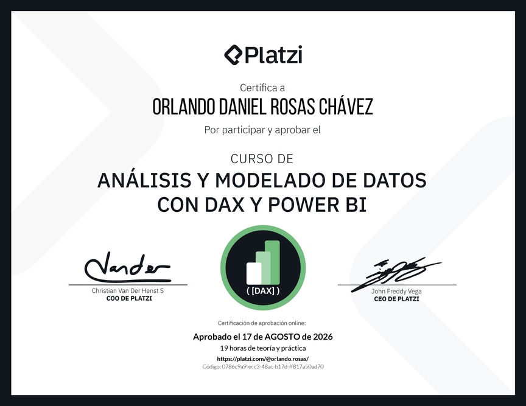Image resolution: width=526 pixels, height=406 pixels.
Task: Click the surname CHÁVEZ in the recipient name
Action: (346, 107)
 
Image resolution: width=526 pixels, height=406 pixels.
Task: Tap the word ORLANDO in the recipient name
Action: (183, 107)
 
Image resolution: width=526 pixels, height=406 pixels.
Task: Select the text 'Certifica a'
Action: (262, 88)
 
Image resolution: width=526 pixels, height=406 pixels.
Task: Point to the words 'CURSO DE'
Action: (262, 159)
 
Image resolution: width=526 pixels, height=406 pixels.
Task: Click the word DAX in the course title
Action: (225, 205)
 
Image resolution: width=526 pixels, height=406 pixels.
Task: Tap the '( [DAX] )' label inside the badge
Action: (263, 290)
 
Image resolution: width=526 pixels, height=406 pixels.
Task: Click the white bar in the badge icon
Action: (254, 273)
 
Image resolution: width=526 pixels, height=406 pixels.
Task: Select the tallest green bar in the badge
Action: (272, 262)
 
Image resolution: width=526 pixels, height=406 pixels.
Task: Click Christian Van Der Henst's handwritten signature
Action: (127, 267)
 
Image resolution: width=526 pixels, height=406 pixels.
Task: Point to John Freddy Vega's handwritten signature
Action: (396, 273)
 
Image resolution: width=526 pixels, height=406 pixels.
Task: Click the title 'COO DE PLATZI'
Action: (129, 298)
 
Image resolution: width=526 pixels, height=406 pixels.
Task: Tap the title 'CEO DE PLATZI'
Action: (396, 299)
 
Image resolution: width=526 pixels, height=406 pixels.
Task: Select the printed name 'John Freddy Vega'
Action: (396, 291)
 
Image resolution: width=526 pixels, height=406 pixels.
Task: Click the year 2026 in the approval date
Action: (323, 337)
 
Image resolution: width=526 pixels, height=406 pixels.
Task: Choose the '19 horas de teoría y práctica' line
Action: (263, 348)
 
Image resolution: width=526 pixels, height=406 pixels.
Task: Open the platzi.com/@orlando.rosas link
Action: (262, 359)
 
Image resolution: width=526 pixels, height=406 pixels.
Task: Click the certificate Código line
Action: (263, 367)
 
